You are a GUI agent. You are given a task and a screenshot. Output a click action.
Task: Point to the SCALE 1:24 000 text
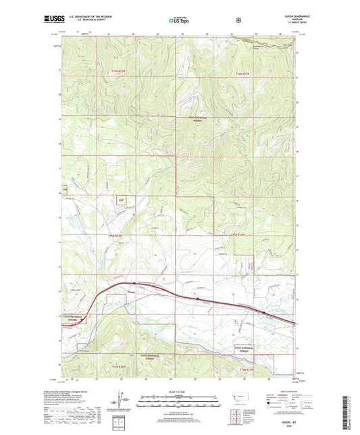(179, 391)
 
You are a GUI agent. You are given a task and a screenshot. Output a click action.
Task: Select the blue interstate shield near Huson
(197, 295)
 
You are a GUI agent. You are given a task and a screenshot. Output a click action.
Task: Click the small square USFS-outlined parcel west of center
(121, 200)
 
